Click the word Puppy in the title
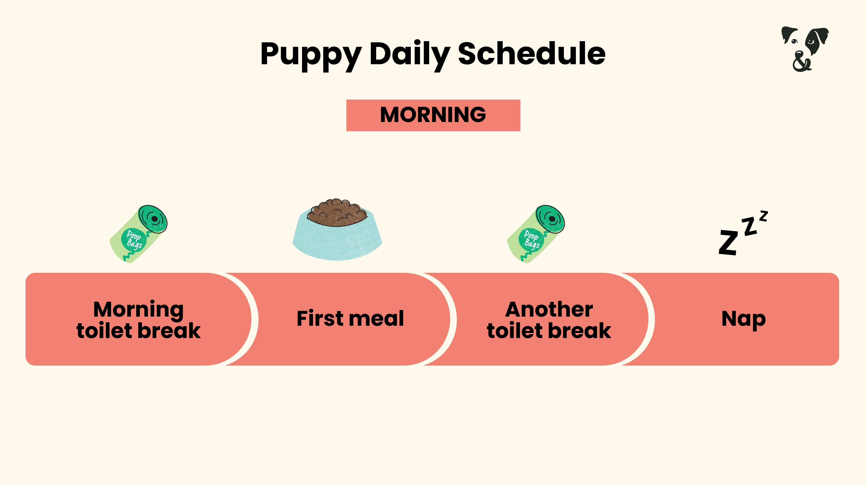coord(311,54)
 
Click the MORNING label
coord(433,115)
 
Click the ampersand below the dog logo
coord(802,64)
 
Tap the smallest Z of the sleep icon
coord(764,216)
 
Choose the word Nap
coord(744,319)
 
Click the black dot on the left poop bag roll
coord(155,219)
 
